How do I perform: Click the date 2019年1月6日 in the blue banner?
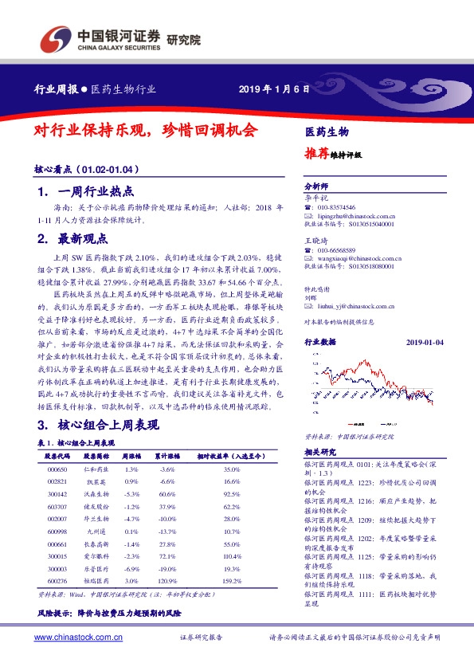point(273,88)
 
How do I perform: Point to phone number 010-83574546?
point(338,207)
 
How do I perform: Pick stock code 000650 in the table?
point(57,469)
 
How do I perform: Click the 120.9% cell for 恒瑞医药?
point(167,581)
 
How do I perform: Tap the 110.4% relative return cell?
point(232,555)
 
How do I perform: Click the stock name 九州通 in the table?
point(96,531)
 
